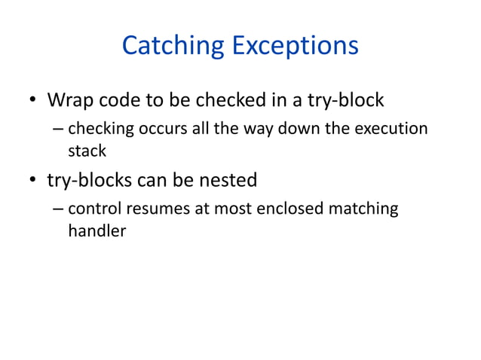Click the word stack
pyautogui.click(x=87, y=151)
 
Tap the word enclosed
pyautogui.click(x=286, y=209)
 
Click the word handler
pyautogui.click(x=97, y=231)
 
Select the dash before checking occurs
pyautogui.click(x=59, y=130)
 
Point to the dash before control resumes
pyautogui.click(x=59, y=209)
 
